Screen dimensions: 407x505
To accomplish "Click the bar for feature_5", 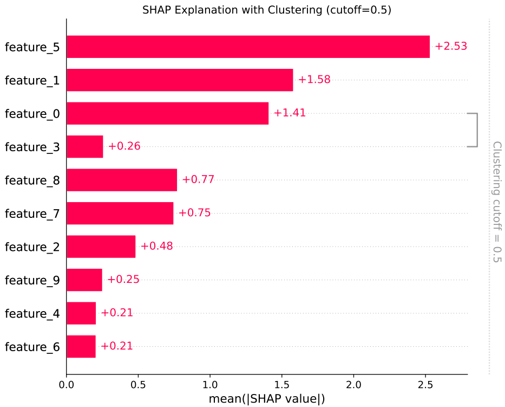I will (x=248, y=47).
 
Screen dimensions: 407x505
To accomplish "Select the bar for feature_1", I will (x=180, y=80).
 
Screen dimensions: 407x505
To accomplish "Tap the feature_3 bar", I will (x=85, y=146).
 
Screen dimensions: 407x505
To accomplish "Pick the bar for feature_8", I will (x=122, y=180).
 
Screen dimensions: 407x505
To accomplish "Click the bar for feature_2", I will (x=101, y=247).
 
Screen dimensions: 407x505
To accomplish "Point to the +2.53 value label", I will (x=450, y=47).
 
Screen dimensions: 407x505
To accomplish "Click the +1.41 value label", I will (x=290, y=113).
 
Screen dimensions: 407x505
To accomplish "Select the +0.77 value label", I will (x=198, y=180).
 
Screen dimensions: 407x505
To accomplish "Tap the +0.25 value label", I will (x=123, y=280).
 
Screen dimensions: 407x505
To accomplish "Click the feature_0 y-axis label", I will (x=32, y=114).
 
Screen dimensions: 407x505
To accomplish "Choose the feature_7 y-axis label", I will (x=32, y=214).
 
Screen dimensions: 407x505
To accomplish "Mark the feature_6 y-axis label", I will (x=32, y=347).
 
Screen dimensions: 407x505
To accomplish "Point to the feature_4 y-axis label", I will (x=32, y=313).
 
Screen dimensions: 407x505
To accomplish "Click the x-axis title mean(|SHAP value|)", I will (x=267, y=399).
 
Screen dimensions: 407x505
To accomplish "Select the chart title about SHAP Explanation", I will (x=267, y=10).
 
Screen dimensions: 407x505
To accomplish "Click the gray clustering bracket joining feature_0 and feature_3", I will (x=477, y=130).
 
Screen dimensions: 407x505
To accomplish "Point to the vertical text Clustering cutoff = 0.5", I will (x=496, y=202).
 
